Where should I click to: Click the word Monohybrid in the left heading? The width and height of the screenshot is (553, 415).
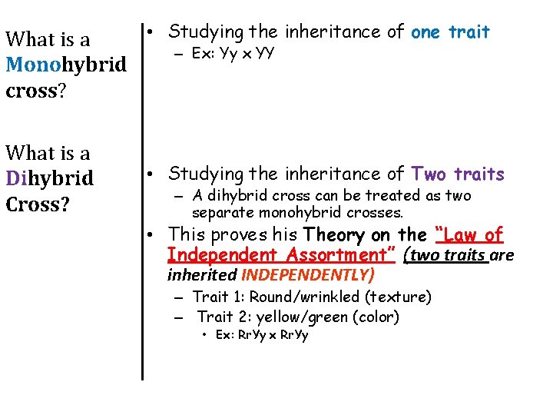(65, 65)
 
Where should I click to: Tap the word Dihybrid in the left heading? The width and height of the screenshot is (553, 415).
(49, 179)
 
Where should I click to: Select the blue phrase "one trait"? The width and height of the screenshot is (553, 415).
(450, 32)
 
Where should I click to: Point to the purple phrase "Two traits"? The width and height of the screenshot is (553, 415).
(459, 174)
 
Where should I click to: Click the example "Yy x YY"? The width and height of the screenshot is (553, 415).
(244, 54)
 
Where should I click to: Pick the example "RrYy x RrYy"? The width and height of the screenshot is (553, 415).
(261, 335)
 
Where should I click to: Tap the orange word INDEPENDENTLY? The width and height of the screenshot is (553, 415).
(308, 274)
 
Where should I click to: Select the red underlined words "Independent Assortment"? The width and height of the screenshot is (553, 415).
(280, 254)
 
